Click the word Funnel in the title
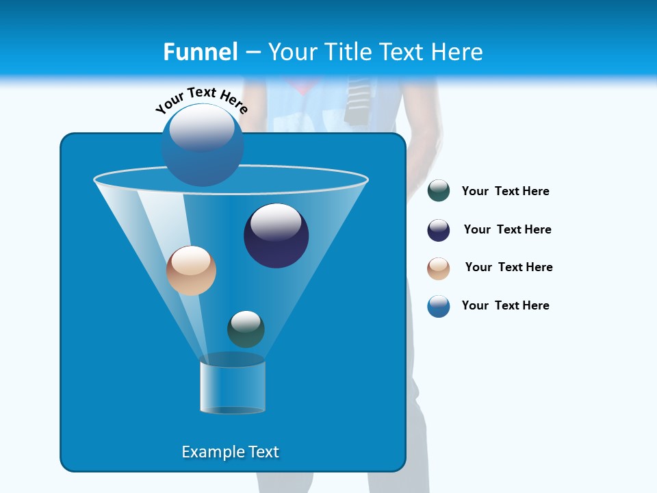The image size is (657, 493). pos(201,52)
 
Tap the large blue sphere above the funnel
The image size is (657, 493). pos(203,145)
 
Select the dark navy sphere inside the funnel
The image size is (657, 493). pos(276,236)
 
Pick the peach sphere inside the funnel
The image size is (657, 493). pos(191,270)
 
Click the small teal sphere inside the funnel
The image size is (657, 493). pos(246,329)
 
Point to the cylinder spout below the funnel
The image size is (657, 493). pos(232,388)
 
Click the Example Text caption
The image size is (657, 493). pos(231,452)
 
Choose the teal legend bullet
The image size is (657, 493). pos(439,191)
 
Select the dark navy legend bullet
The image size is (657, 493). pos(439,230)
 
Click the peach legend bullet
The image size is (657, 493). pos(439,268)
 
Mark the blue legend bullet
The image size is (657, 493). pos(439,306)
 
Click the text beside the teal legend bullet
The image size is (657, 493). pos(505,192)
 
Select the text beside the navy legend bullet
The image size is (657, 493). pos(507,230)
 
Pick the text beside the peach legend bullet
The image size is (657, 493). pos(508,268)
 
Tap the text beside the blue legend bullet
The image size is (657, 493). pos(505,306)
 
